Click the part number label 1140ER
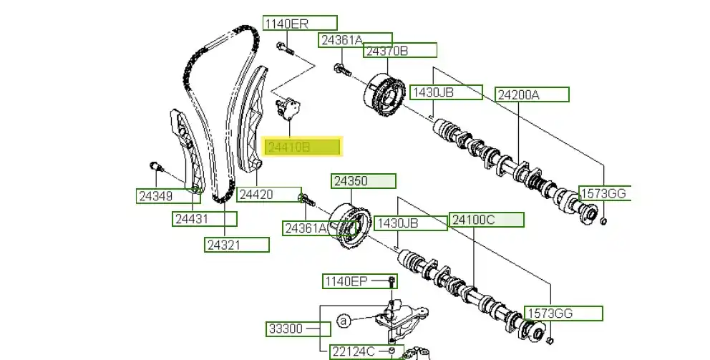tap(299, 24)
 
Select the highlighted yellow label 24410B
tap(303, 147)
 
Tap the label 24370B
tap(399, 51)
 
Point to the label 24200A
tap(532, 94)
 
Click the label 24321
tap(237, 245)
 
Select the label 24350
tap(362, 181)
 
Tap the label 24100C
tap(486, 220)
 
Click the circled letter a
tap(343, 322)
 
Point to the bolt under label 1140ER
tap(283, 49)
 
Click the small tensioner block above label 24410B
tap(289, 109)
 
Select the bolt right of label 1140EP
tap(392, 281)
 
